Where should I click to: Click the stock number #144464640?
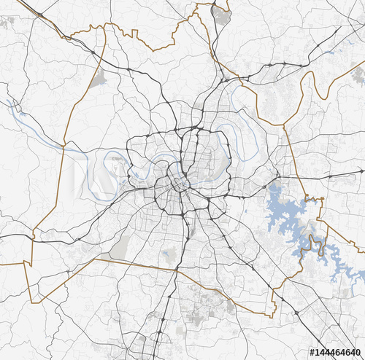tap(335, 353)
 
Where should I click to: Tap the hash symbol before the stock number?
tap(312, 353)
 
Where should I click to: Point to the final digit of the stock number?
tap(358, 353)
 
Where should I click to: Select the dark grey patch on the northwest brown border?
tap(97, 79)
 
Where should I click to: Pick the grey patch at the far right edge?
tap(358, 75)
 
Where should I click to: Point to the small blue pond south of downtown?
tap(170, 256)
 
